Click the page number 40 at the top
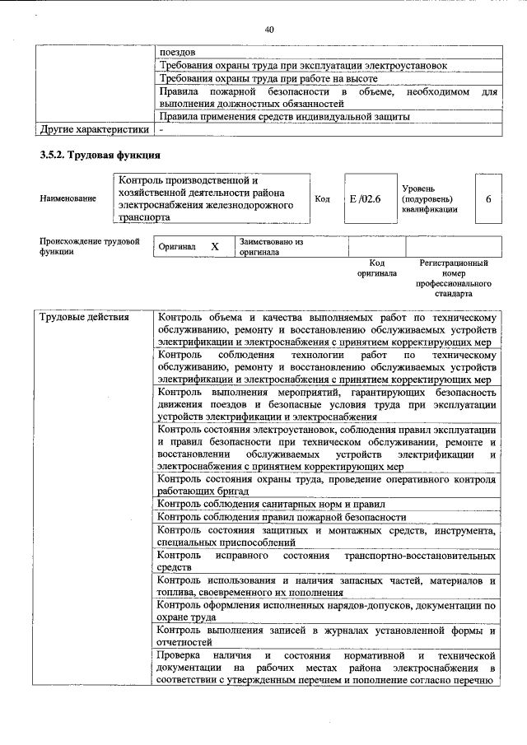(x=268, y=30)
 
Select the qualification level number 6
(x=489, y=199)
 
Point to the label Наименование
(x=68, y=198)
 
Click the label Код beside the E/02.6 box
(x=323, y=198)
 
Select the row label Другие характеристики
(x=95, y=129)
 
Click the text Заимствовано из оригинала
(x=271, y=247)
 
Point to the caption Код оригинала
(x=376, y=268)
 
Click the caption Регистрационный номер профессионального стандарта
(x=454, y=277)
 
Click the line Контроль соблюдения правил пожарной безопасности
(x=282, y=517)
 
